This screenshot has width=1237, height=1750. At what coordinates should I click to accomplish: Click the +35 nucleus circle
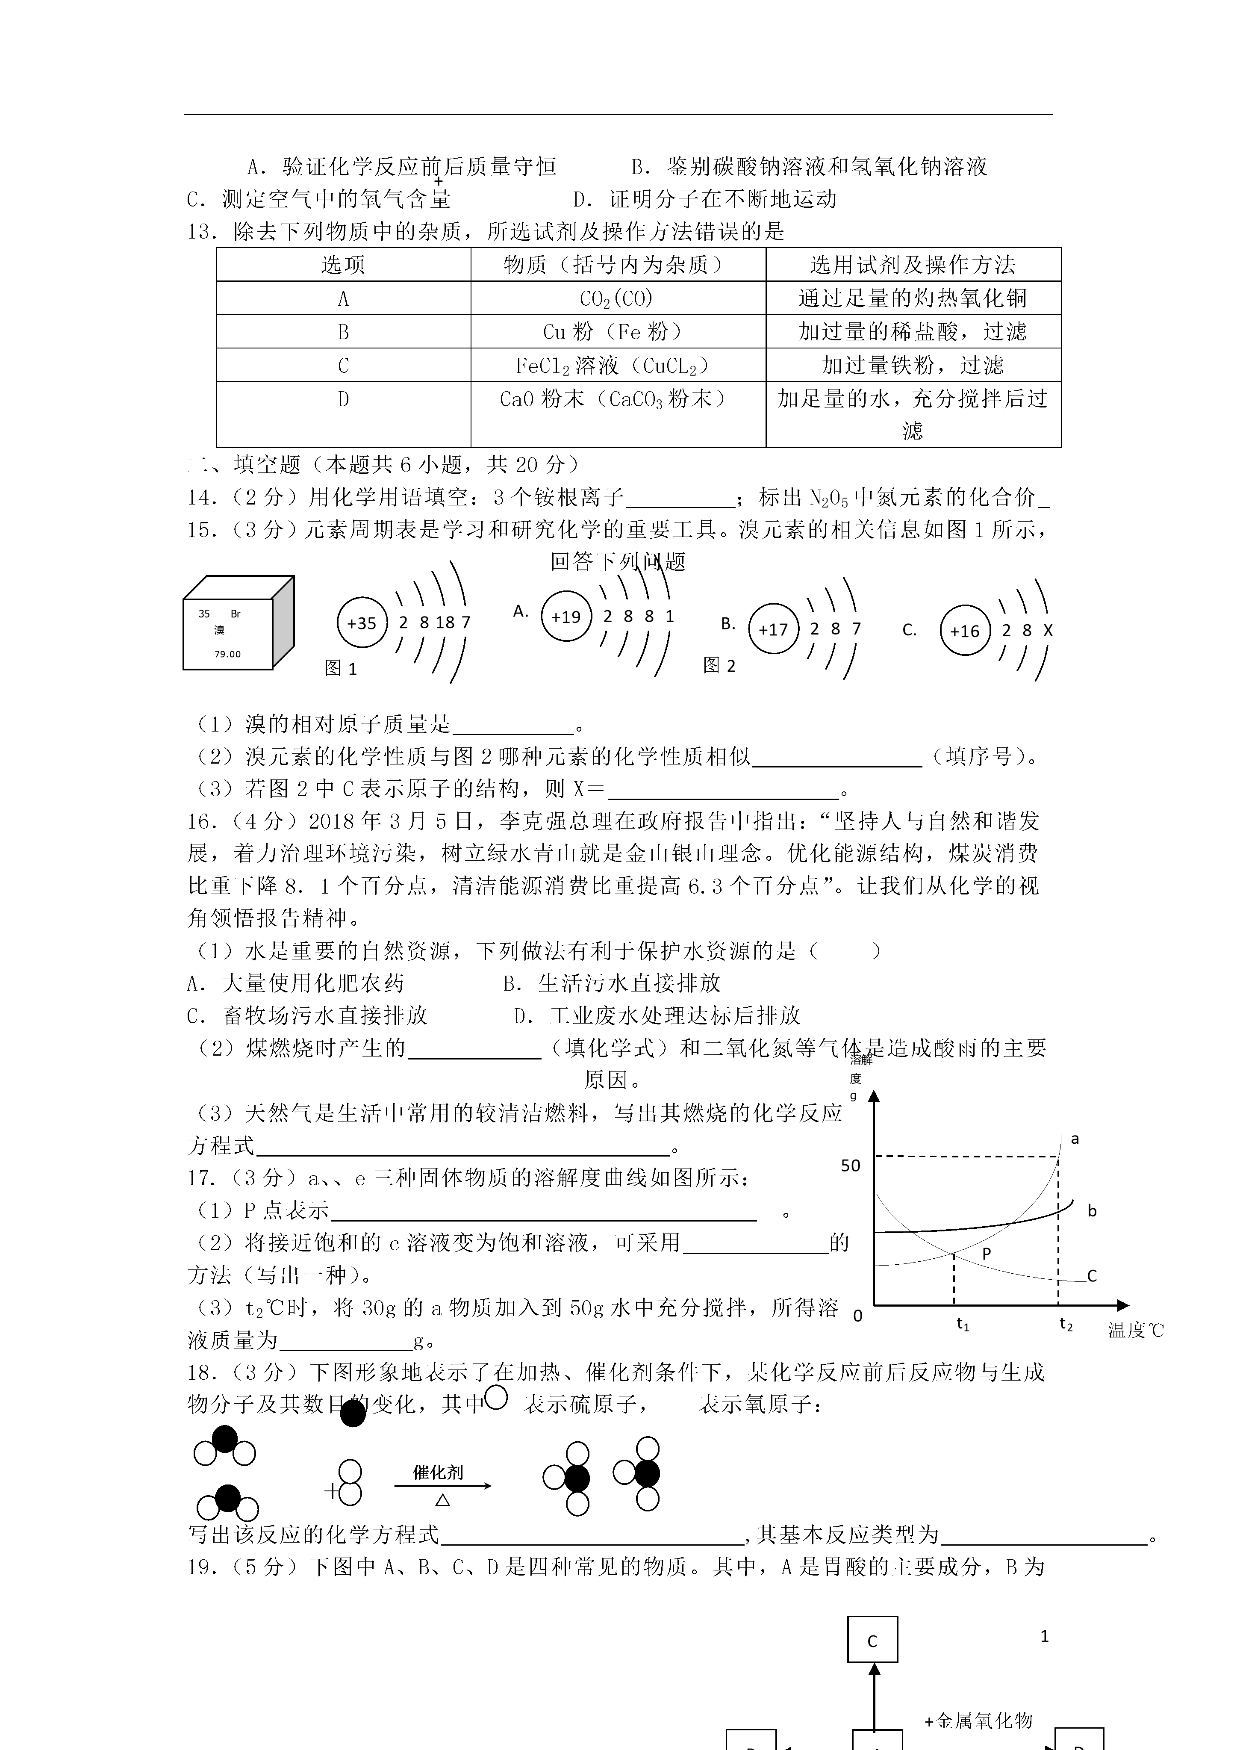pos(362,623)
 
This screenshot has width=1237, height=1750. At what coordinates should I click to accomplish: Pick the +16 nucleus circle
pos(965,630)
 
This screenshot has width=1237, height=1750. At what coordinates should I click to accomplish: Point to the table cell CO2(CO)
pos(617,298)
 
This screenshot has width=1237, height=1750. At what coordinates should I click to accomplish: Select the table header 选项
pos(343,265)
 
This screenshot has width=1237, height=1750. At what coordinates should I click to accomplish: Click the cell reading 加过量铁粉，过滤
pos(912,365)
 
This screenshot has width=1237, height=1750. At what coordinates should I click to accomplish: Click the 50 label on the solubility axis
pos(851,1166)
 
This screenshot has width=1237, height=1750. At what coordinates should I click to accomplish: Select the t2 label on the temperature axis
pos(1066,1324)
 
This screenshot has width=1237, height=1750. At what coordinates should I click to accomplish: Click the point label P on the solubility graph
pos(986,1254)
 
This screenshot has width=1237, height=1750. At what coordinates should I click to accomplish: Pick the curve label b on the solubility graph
pos(1091,1210)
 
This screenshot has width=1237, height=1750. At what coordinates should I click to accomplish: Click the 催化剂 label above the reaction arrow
pos(438,1472)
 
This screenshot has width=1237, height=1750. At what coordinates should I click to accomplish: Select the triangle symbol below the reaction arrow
pos(442,1500)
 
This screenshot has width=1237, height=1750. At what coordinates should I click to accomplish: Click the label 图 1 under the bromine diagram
pos(341,668)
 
